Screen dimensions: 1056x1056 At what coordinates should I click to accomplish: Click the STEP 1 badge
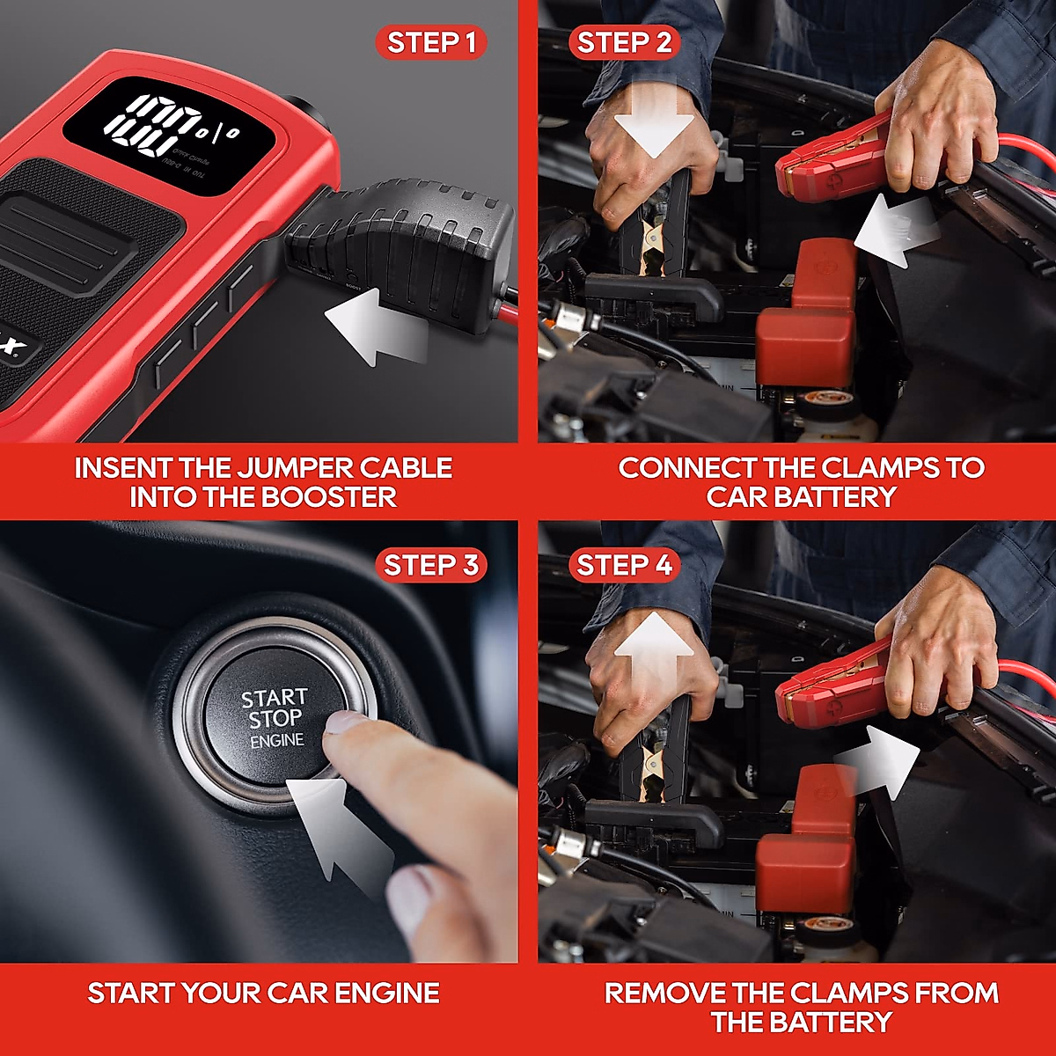pos(431,43)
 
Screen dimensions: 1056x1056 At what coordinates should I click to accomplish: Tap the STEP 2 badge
pos(624,43)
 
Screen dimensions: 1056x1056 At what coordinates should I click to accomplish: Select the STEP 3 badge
pos(431,565)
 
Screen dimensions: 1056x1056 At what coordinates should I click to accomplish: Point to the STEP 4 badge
pos(624,565)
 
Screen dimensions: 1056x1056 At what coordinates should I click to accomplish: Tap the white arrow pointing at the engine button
pos(339,827)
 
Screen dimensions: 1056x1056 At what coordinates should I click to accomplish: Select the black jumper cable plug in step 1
pos(405,246)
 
